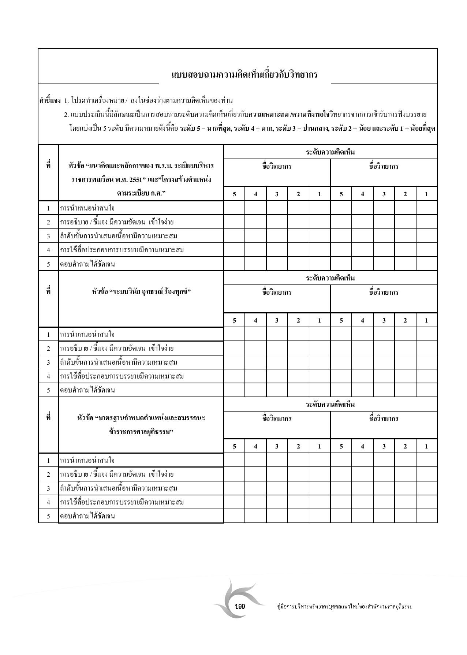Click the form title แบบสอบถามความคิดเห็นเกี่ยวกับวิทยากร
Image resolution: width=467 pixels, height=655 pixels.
coord(244,75)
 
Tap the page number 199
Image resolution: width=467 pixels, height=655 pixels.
coord(240,607)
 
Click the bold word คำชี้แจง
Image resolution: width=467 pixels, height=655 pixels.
coord(50,100)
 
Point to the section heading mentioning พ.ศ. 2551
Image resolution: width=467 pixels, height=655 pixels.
coord(141,179)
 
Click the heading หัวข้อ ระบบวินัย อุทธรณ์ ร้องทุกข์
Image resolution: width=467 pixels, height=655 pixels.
coord(141,292)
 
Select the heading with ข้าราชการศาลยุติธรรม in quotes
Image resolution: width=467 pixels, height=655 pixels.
coord(141,425)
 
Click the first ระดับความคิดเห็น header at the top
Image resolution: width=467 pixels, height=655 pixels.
coord(330,152)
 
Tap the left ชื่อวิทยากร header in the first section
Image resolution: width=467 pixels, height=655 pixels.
coord(277,167)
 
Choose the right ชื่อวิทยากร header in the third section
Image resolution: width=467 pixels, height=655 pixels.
coord(384,418)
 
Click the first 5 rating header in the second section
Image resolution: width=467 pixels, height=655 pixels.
coord(234,320)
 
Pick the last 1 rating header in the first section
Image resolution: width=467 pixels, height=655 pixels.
coord(426,194)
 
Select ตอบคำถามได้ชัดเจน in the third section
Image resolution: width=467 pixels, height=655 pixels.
coord(87,516)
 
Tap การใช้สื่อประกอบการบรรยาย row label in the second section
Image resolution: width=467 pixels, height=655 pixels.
coord(122,376)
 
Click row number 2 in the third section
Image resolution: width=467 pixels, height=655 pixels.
coord(48,474)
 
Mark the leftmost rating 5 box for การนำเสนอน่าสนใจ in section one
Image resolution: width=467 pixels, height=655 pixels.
coord(234,208)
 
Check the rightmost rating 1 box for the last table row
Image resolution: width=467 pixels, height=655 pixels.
coord(426,516)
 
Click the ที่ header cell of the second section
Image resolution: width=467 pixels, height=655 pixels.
coord(48,292)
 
